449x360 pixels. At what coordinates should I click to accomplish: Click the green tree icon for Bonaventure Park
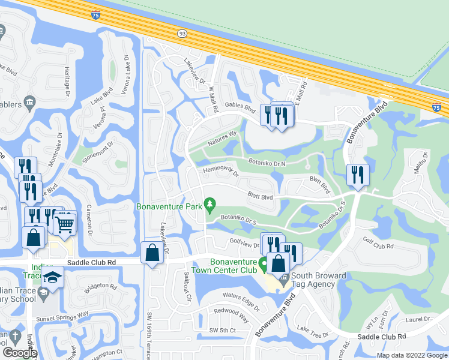(x=209, y=205)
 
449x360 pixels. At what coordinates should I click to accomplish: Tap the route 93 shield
(x=182, y=35)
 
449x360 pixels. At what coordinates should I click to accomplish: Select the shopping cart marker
(x=65, y=223)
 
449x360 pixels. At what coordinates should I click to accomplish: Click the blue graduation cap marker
(x=52, y=278)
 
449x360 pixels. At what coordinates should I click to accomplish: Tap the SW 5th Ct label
(x=223, y=331)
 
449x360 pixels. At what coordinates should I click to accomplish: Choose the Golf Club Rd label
(x=378, y=244)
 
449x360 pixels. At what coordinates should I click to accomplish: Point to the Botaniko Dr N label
(x=267, y=162)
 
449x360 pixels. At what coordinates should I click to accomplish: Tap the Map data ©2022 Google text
(x=411, y=355)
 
